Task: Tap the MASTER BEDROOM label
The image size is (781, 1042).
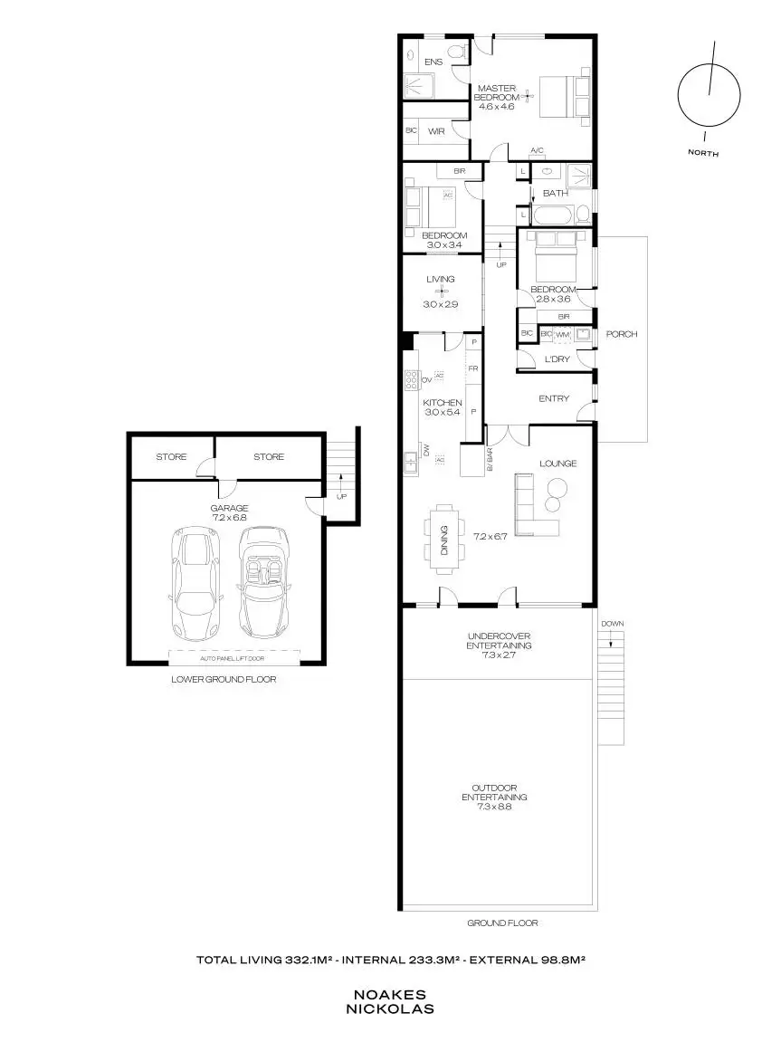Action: [497, 97]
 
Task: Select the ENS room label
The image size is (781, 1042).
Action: [433, 61]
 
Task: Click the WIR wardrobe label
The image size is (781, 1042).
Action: [436, 131]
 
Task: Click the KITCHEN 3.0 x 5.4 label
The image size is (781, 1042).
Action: [443, 407]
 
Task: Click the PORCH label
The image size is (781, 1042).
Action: [621, 334]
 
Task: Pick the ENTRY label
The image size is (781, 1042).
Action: [554, 398]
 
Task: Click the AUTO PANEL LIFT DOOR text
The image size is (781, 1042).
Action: [225, 659]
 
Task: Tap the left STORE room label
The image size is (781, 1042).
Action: [170, 457]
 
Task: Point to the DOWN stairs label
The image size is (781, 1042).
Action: [611, 624]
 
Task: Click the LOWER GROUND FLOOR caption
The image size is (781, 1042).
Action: [224, 679]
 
